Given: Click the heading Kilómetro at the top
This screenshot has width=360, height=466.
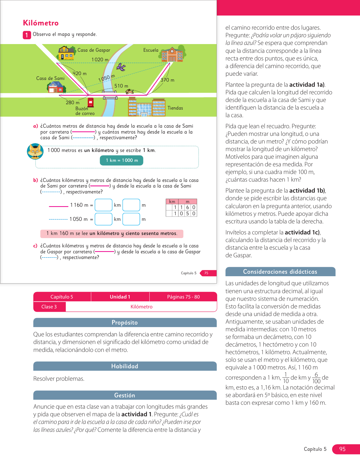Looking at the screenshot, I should [x=41, y=23].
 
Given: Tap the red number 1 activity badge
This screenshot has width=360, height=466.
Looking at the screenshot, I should [x=27, y=35].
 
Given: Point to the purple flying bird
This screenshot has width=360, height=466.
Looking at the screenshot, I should [x=121, y=67].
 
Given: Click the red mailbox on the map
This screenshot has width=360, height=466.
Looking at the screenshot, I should [x=91, y=102].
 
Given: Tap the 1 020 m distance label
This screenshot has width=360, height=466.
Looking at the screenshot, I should [x=100, y=60].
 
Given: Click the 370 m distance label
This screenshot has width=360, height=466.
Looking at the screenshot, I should [x=167, y=80].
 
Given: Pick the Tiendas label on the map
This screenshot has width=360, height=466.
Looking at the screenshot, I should [x=175, y=108].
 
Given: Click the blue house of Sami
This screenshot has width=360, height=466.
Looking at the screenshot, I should [x=56, y=87].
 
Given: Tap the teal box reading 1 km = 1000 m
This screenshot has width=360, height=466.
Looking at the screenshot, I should [x=121, y=160].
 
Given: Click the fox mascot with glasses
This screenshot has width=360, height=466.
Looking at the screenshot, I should [x=35, y=151].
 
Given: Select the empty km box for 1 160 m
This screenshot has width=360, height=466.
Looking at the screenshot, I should [x=104, y=205].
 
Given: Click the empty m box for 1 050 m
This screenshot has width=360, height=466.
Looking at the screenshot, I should [x=131, y=219].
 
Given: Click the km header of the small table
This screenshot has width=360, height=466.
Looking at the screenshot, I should [x=172, y=202].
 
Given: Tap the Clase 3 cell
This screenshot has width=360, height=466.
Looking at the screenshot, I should [x=49, y=307].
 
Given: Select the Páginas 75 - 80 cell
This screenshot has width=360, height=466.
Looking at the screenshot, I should [x=183, y=297].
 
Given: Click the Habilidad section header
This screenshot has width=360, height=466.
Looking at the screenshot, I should [x=125, y=366].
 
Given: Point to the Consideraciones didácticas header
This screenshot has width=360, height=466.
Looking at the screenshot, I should [x=280, y=272].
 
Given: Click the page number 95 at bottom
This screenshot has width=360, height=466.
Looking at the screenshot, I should [x=342, y=449].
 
